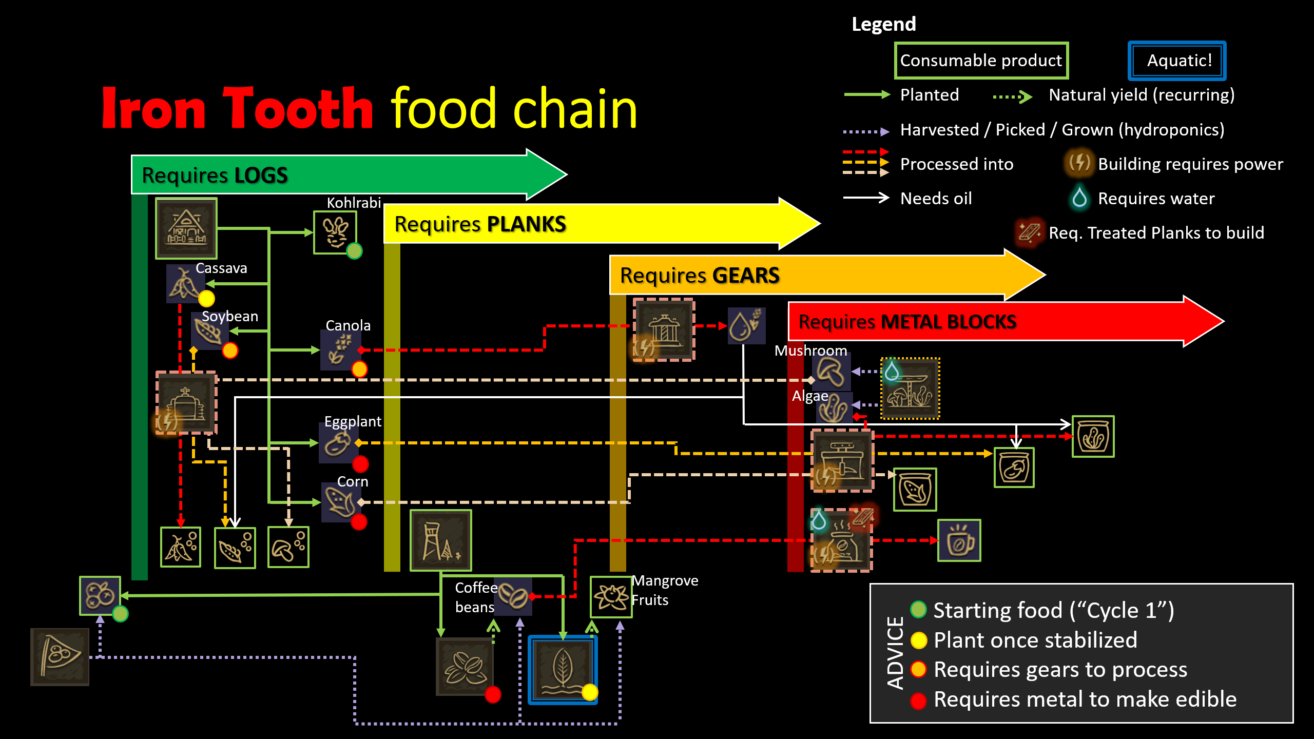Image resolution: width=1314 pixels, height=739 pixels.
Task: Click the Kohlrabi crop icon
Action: click(335, 232)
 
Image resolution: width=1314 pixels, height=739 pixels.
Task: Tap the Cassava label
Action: click(221, 268)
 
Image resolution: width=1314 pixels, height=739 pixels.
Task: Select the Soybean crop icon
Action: click(208, 331)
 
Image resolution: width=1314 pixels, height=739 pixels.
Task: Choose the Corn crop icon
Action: click(339, 501)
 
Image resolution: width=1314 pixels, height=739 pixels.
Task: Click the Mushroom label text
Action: click(810, 351)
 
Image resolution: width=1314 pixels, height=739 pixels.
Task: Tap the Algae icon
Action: click(833, 408)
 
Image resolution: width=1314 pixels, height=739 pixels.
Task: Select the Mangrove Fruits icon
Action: click(611, 597)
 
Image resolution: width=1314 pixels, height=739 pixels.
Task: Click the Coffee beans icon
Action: click(513, 596)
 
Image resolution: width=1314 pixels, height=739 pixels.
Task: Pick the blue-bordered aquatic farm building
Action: click(563, 670)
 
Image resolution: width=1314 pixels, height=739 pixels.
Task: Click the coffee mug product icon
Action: click(959, 540)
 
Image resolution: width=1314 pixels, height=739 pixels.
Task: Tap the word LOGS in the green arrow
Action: click(261, 176)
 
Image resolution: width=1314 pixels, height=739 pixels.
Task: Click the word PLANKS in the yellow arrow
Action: click(526, 224)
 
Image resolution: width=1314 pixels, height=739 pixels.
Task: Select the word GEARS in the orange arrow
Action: click(746, 276)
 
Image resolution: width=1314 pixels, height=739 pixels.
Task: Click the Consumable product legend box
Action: click(981, 61)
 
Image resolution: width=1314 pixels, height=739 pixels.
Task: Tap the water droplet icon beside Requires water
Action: click(1079, 198)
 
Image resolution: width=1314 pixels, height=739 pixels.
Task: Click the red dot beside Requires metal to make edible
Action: click(918, 700)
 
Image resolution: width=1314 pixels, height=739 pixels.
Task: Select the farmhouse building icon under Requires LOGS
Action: click(186, 228)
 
